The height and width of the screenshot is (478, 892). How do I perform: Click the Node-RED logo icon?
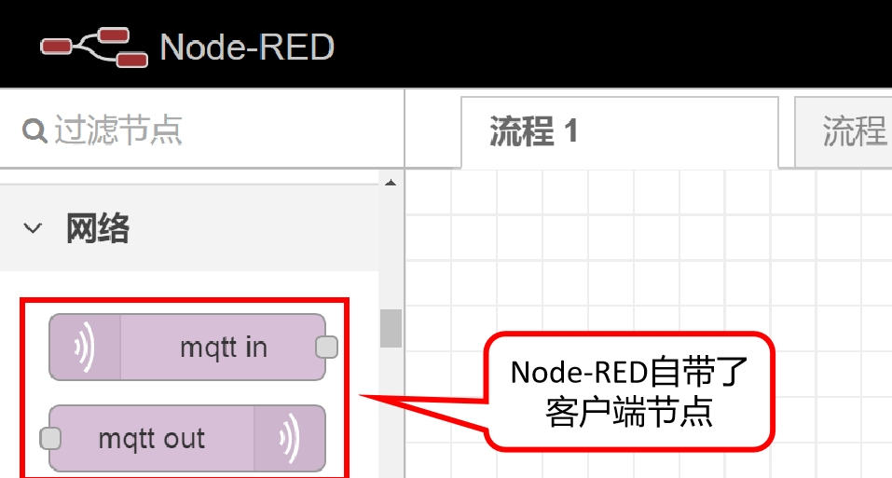[94, 47]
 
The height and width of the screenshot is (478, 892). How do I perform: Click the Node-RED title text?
[247, 47]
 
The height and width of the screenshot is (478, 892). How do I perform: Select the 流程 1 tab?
[533, 131]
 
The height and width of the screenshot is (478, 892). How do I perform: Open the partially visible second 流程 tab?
[853, 131]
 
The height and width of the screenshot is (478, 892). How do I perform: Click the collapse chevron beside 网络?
[34, 228]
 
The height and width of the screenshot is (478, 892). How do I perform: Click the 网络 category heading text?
[97, 228]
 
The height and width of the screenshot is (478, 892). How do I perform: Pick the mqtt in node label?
[224, 348]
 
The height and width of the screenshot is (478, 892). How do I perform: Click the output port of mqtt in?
[326, 348]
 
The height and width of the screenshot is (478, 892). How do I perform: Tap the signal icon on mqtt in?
[84, 348]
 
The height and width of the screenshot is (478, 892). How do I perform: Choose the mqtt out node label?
[151, 438]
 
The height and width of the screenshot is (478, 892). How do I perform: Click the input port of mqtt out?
[50, 438]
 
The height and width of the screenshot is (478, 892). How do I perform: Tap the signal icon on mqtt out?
[289, 438]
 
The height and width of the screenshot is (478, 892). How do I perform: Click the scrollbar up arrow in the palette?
[391, 183]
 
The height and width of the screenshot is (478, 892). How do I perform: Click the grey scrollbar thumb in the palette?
[391, 328]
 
